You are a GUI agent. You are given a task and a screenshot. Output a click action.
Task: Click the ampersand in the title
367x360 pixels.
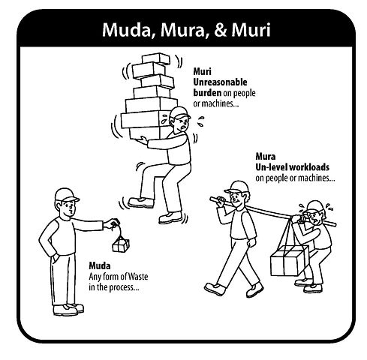[221, 30]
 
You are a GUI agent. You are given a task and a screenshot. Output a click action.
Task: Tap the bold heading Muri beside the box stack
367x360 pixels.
[202, 72]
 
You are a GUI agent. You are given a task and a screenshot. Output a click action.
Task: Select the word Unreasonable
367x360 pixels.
[220, 82]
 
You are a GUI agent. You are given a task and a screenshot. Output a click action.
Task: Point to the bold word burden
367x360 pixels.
[207, 93]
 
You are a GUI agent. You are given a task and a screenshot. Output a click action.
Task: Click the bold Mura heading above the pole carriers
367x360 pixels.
[266, 157]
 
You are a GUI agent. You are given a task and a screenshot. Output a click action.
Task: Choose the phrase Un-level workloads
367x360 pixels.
[292, 167]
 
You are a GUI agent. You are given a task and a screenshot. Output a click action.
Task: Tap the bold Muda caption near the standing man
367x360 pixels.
[100, 266]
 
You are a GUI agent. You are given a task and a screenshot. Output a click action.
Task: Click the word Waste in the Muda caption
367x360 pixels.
[138, 277]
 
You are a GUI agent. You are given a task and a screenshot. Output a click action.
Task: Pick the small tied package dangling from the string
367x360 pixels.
[121, 245]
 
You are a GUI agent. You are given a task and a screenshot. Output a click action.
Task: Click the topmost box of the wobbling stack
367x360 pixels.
[156, 58]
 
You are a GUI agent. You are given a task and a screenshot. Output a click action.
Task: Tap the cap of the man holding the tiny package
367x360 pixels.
[66, 195]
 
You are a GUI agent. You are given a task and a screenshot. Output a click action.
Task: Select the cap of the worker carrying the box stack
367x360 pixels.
[179, 113]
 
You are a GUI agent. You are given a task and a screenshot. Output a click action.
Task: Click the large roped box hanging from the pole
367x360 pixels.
[290, 261]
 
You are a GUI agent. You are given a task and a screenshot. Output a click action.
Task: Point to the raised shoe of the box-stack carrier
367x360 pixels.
[141, 202]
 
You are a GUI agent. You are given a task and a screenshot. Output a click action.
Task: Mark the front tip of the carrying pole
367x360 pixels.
[211, 199]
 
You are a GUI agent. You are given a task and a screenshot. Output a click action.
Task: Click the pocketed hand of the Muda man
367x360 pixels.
[55, 258]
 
